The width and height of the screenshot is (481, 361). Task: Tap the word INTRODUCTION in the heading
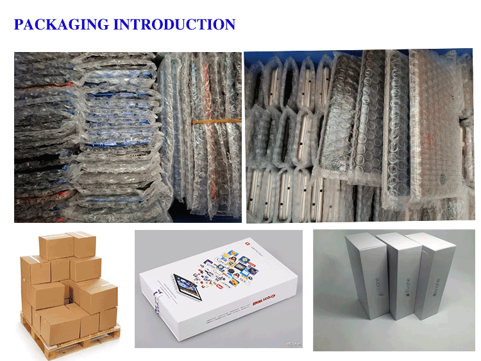[174, 25]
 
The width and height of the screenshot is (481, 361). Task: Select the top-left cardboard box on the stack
[55, 247]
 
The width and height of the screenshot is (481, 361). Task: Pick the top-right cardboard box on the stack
[83, 244]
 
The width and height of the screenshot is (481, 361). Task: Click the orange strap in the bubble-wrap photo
[218, 120]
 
